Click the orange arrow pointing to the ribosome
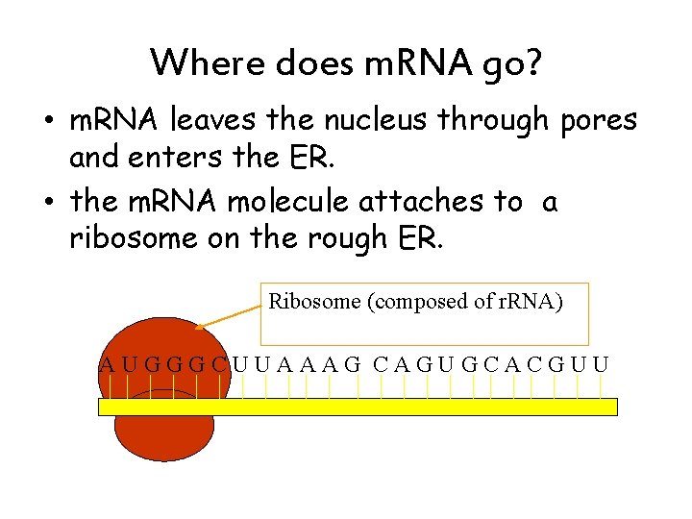click(230, 316)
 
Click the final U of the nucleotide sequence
click(601, 364)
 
